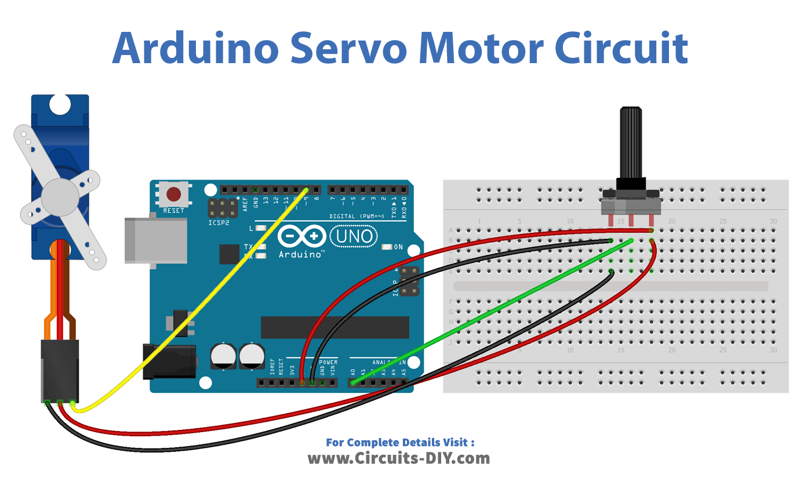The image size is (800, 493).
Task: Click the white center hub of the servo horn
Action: [x=59, y=195]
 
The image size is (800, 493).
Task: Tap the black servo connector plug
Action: [x=60, y=371]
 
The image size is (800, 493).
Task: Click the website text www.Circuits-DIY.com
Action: [x=399, y=459]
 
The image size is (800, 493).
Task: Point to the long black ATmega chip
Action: [x=334, y=327]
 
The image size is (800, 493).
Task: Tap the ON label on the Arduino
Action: [x=398, y=247]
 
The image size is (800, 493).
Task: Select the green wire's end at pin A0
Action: [x=353, y=382]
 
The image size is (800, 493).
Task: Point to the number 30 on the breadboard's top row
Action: [x=773, y=221]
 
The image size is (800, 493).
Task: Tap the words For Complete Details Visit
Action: [x=400, y=443]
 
